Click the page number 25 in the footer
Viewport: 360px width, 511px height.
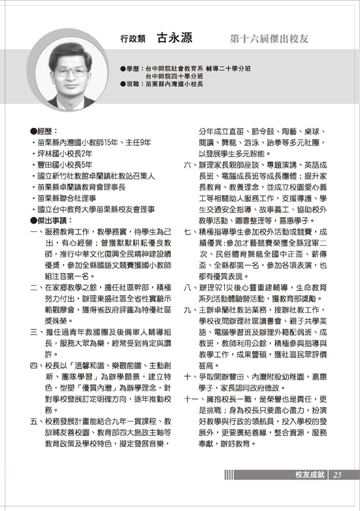337,474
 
